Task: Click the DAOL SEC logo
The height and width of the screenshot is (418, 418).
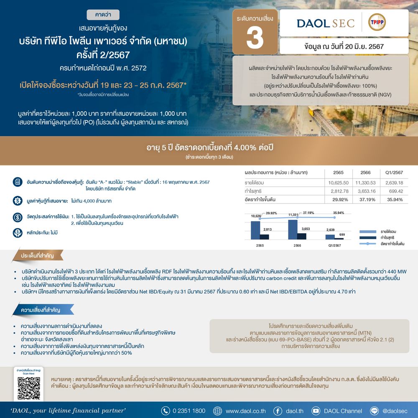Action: [x=326, y=23]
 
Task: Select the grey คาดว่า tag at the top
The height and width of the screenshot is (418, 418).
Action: [x=103, y=15]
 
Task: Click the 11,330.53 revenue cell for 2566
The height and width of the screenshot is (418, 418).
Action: [x=364, y=183]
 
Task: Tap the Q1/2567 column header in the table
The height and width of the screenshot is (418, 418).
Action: [x=393, y=172]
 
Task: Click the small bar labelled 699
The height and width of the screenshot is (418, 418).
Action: [x=342, y=238]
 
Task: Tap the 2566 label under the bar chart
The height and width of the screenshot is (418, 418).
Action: [x=297, y=245]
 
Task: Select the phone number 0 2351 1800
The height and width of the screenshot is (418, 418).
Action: [x=189, y=411]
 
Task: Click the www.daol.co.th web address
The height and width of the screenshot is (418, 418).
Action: [x=245, y=411]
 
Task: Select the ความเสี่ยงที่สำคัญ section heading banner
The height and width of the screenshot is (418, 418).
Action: [x=40, y=310]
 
